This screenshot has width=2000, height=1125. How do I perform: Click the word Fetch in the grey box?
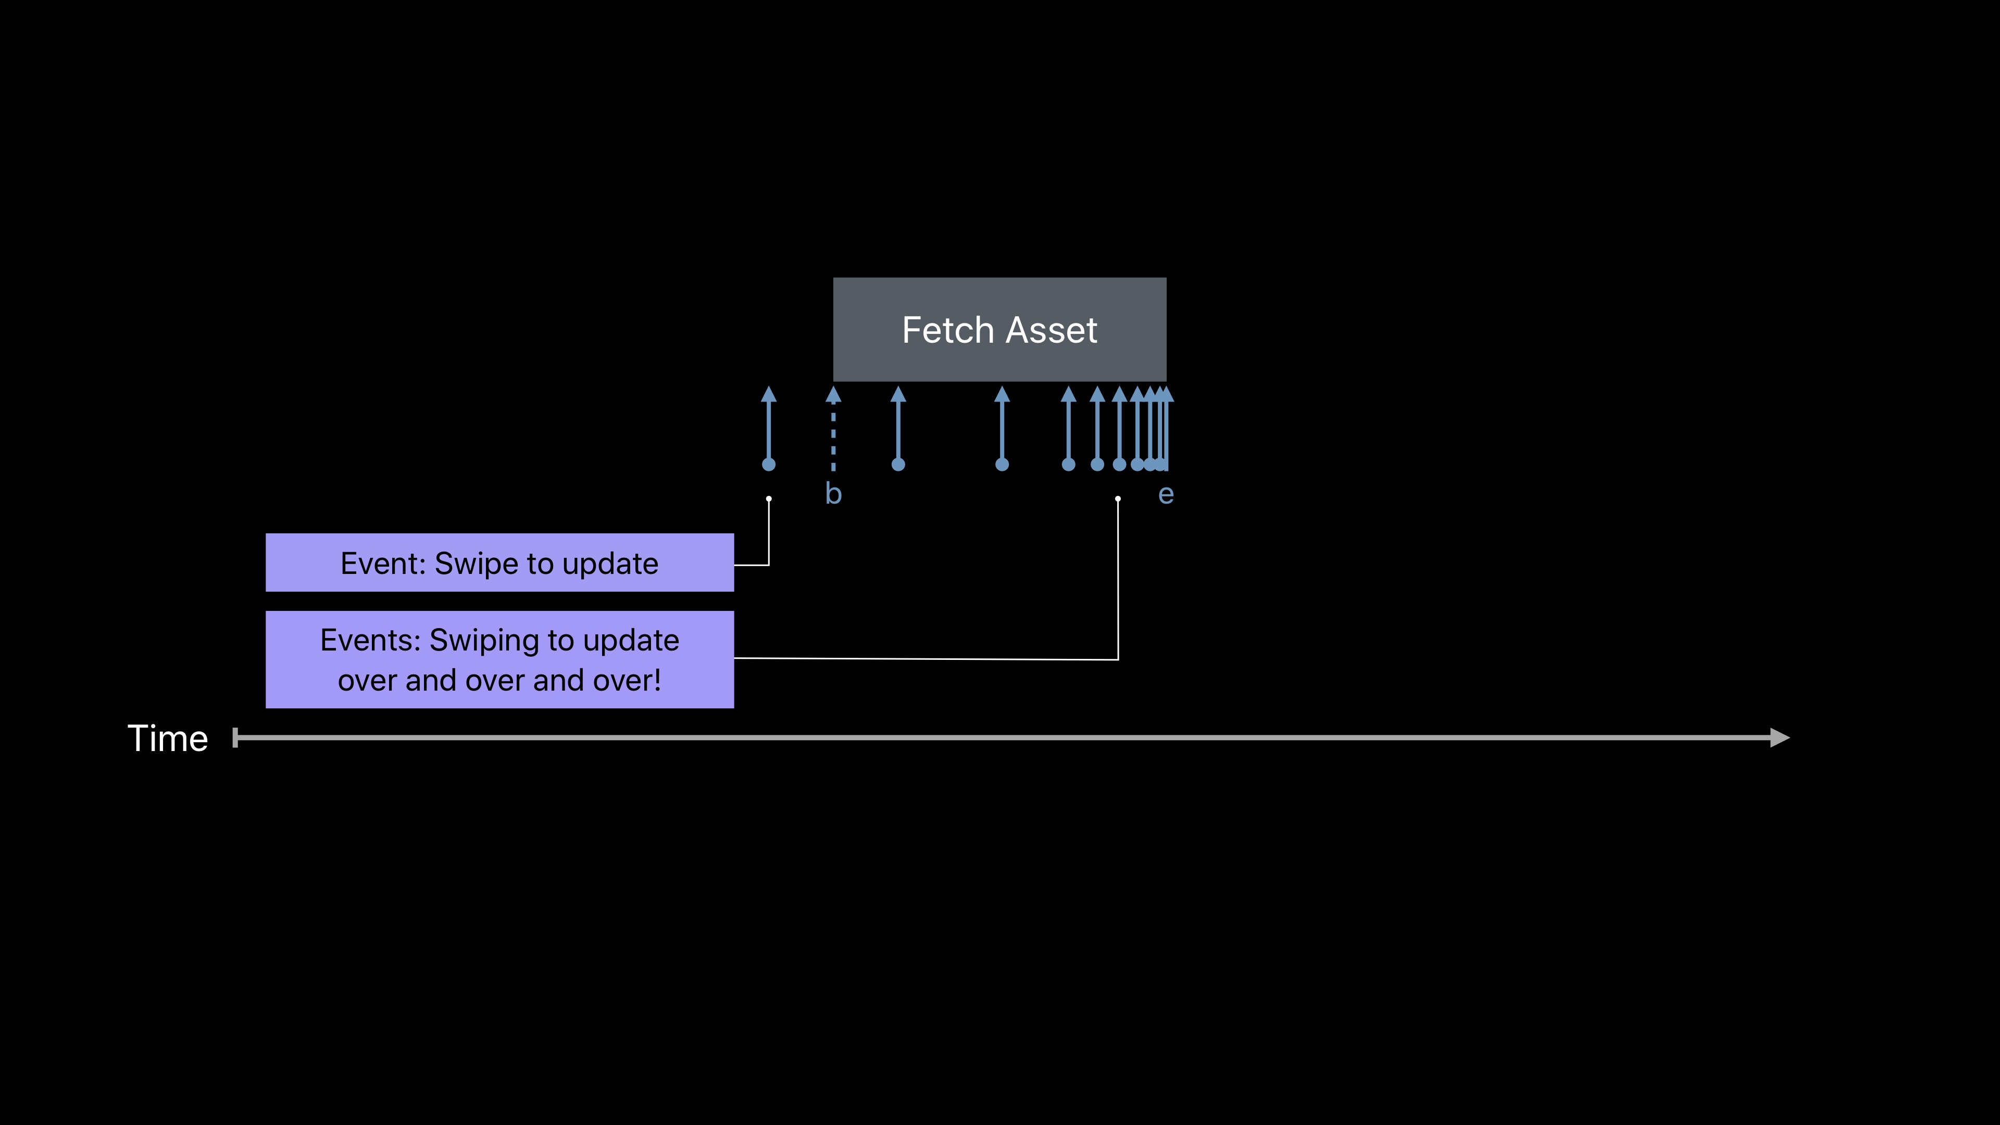(x=947, y=330)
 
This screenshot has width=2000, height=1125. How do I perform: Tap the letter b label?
(x=833, y=494)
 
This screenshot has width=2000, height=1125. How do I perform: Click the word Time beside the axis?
(x=168, y=739)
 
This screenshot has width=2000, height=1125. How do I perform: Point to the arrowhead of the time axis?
(x=1780, y=737)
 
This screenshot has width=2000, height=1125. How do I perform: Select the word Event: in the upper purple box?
(x=383, y=564)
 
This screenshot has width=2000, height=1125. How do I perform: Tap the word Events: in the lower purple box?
(x=370, y=641)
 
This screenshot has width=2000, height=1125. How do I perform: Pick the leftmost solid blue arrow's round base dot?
(x=769, y=464)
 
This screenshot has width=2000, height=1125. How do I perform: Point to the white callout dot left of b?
(x=769, y=498)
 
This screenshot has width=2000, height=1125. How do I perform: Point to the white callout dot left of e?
(x=1118, y=498)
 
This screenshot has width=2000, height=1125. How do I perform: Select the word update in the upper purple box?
(x=610, y=564)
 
